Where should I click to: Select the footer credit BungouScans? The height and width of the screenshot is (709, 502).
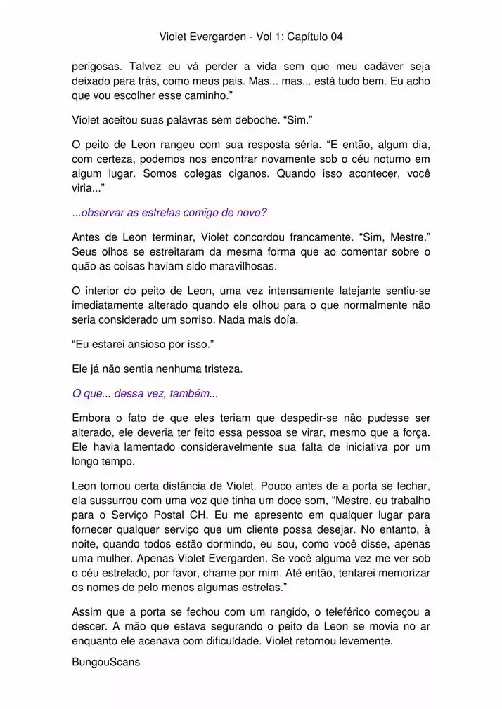[x=106, y=661]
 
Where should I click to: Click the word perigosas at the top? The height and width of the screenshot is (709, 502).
[x=96, y=67]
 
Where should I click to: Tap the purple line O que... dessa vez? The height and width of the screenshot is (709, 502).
[x=145, y=393]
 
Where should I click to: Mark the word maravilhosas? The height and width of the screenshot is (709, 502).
[x=237, y=266]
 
